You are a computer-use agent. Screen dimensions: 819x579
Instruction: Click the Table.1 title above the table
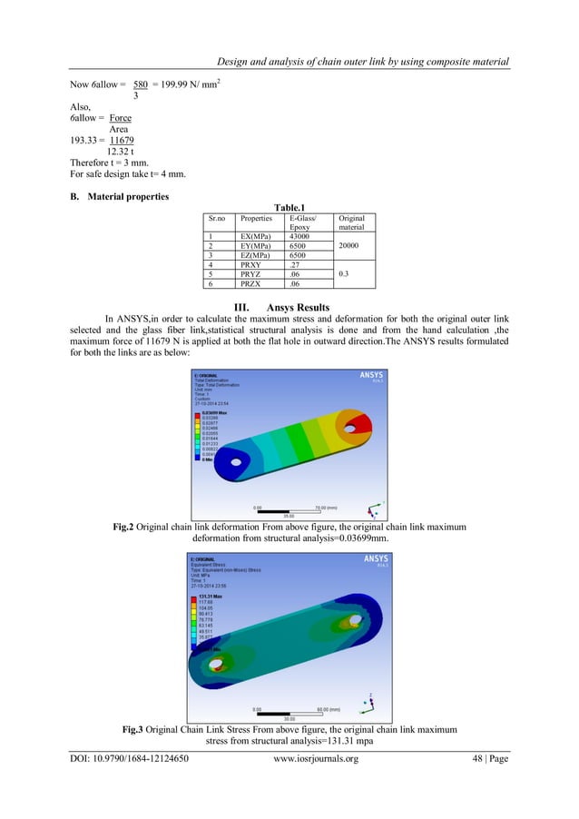tap(289, 206)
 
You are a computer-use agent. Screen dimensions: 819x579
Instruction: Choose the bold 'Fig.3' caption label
tap(137, 729)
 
